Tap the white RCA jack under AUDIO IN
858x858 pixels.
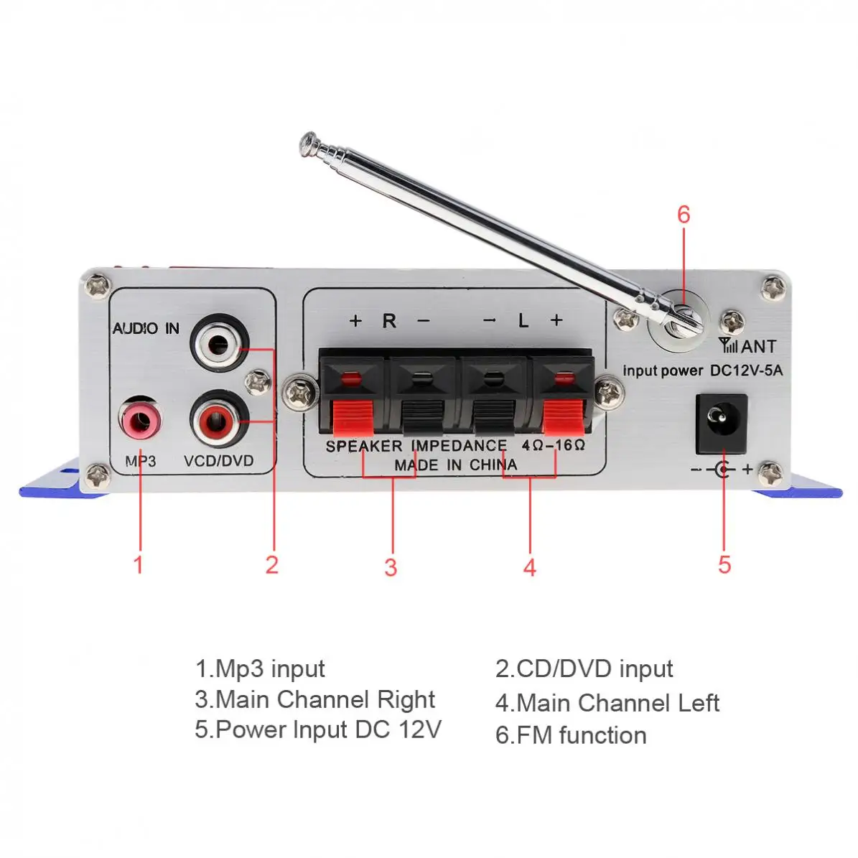pyautogui.click(x=220, y=343)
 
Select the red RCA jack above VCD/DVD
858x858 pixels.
pyautogui.click(x=220, y=419)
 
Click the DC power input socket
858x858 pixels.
pyautogui.click(x=722, y=422)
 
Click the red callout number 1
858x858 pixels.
pyautogui.click(x=139, y=564)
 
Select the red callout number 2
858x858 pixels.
pyautogui.click(x=271, y=564)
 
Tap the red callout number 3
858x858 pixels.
pyautogui.click(x=391, y=567)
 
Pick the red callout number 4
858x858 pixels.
pyautogui.click(x=529, y=567)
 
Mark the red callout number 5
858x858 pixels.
pyautogui.click(x=724, y=564)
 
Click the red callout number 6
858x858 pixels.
pyautogui.click(x=684, y=215)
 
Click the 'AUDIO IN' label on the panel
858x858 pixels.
pyautogui.click(x=146, y=329)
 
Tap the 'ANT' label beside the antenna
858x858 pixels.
pyautogui.click(x=757, y=347)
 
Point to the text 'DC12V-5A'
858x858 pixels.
pyautogui.click(x=746, y=370)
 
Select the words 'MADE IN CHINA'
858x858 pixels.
pyautogui.click(x=455, y=465)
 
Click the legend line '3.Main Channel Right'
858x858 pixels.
pyautogui.click(x=314, y=699)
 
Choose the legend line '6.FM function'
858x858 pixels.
pyautogui.click(x=571, y=735)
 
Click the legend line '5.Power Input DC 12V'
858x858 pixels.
pyautogui.click(x=317, y=729)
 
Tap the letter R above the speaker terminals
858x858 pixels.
pyautogui.click(x=389, y=320)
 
